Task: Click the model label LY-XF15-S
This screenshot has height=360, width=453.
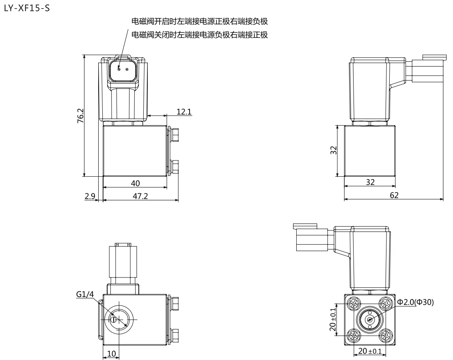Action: point(27,8)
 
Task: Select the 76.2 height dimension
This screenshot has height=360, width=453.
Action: point(80,116)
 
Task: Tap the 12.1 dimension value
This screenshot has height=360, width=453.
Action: point(184,112)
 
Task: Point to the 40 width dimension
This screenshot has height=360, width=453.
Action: point(135,183)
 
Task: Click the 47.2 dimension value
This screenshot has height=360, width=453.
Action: point(140,196)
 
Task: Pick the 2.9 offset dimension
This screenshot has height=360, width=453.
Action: point(90,196)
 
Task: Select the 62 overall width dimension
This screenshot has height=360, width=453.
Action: point(394,195)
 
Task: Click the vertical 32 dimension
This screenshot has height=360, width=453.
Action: point(334,150)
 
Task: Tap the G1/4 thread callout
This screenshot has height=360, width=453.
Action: point(85,294)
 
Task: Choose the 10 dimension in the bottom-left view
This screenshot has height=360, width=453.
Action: point(112,353)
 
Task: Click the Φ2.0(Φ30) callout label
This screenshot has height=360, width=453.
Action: point(415,302)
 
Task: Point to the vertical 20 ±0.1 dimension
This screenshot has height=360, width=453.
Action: point(333,319)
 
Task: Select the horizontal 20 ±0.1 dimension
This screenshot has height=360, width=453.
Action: point(370,351)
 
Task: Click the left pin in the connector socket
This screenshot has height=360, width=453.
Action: point(119,69)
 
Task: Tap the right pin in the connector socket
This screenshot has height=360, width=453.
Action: point(127,69)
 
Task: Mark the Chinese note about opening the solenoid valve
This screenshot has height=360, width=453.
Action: point(200,22)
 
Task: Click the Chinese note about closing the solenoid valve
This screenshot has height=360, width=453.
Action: point(200,35)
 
